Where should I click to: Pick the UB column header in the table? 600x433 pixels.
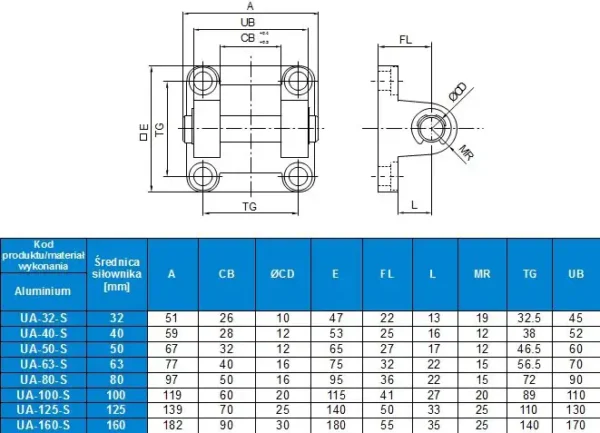[x=574, y=274]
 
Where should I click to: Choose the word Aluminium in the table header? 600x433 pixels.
[x=43, y=290]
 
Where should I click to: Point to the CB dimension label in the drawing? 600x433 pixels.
[x=246, y=37]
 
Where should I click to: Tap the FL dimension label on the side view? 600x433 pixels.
[x=406, y=40]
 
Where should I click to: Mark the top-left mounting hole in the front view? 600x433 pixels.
[x=205, y=79]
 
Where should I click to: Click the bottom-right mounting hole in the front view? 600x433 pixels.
[x=294, y=178]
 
